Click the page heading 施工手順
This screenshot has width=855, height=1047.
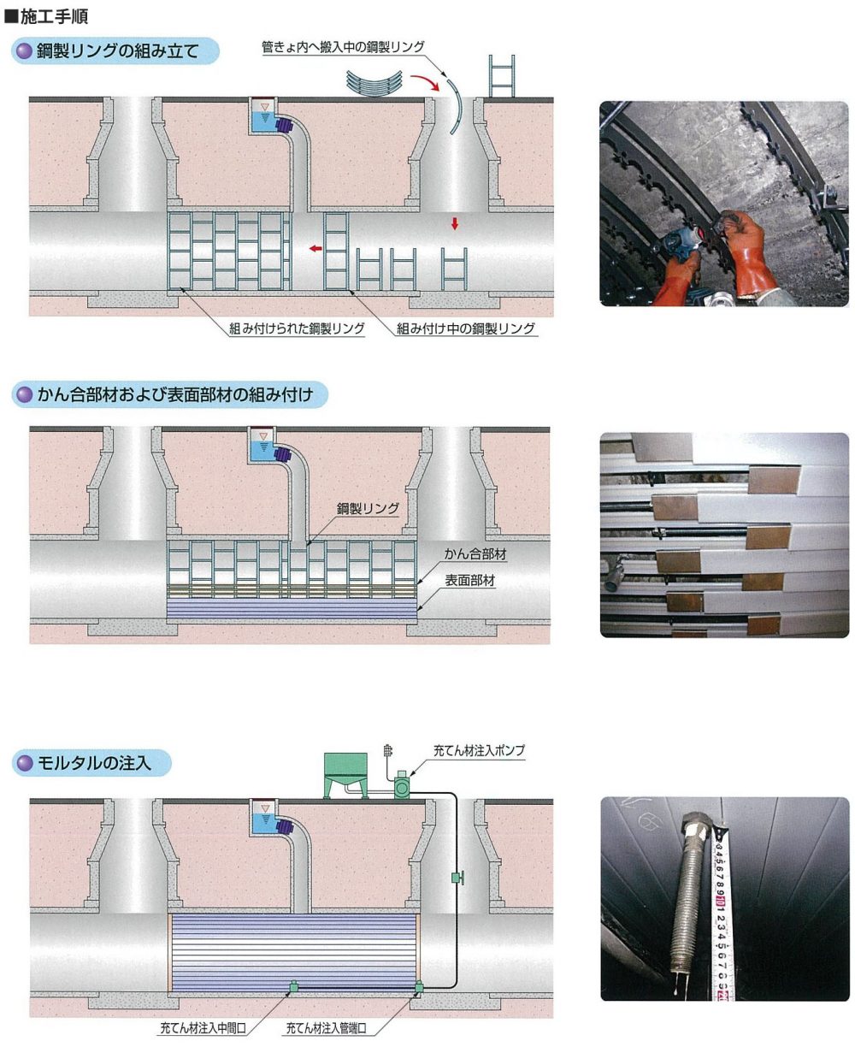(x=54, y=16)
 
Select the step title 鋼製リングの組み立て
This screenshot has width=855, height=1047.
(x=118, y=50)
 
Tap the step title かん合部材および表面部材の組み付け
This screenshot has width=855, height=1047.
(x=175, y=394)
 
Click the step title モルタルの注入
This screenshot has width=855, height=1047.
(x=94, y=762)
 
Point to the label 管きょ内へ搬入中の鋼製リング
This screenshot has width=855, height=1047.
(x=343, y=47)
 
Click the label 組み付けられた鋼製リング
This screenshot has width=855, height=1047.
(x=297, y=328)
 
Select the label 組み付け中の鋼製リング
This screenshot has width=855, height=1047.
(x=466, y=328)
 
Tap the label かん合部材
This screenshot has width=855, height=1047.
(x=475, y=554)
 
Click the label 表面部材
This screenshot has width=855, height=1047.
(x=470, y=580)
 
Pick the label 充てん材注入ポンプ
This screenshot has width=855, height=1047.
(x=479, y=751)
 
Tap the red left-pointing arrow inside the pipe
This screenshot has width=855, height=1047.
(x=315, y=248)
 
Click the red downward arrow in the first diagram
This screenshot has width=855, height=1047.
(x=454, y=223)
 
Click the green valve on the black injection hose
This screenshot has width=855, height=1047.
(x=457, y=878)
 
